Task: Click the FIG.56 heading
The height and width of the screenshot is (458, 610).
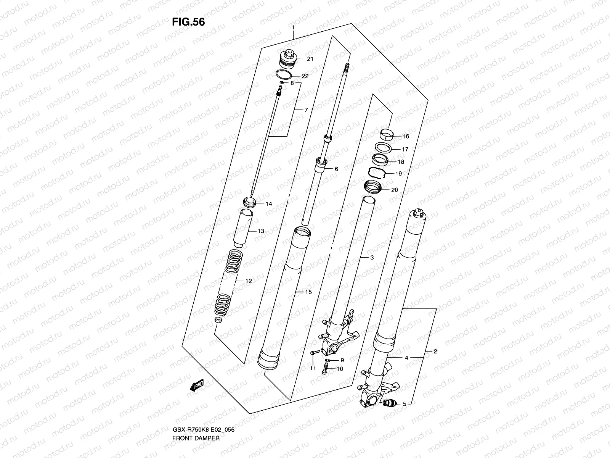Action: pyautogui.click(x=188, y=22)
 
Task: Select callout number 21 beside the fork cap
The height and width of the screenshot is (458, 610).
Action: pyautogui.click(x=310, y=59)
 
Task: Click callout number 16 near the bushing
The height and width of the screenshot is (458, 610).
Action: pyautogui.click(x=405, y=136)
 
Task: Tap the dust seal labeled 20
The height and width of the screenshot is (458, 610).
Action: pyautogui.click(x=373, y=187)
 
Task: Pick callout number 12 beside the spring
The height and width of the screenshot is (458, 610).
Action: pyautogui.click(x=249, y=281)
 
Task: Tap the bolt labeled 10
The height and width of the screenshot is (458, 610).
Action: pyautogui.click(x=325, y=369)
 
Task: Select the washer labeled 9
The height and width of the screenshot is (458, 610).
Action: pyautogui.click(x=327, y=360)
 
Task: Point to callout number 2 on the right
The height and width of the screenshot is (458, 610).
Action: pyautogui.click(x=435, y=351)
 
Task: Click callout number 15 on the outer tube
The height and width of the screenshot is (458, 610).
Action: pyautogui.click(x=308, y=292)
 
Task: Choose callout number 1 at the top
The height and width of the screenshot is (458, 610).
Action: pyautogui.click(x=293, y=27)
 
